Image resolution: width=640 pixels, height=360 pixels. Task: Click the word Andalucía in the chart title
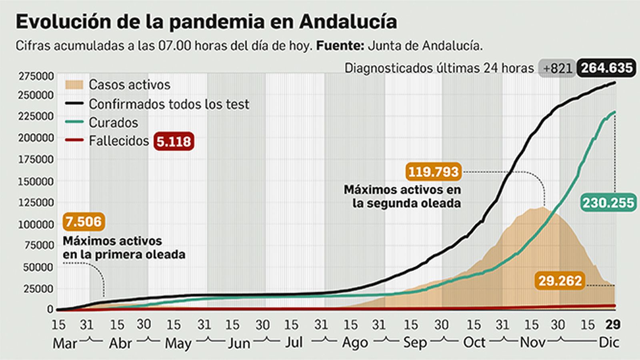(x=348, y=22)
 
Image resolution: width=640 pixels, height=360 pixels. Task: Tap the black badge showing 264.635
(x=606, y=68)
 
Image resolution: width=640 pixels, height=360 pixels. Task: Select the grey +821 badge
(x=557, y=68)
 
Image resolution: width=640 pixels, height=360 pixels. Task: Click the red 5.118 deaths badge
(x=174, y=141)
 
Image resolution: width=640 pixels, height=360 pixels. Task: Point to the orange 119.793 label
(x=433, y=172)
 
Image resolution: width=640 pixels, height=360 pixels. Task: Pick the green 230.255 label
(x=608, y=203)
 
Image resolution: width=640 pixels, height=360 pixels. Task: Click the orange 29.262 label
(x=560, y=281)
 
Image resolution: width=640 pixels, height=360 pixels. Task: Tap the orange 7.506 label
(x=84, y=222)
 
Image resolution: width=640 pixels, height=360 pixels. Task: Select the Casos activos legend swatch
(x=74, y=85)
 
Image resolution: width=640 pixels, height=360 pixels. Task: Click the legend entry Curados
(x=113, y=123)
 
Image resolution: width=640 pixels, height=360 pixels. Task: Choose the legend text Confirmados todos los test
(x=169, y=104)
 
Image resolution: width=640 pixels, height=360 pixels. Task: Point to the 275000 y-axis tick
(x=36, y=76)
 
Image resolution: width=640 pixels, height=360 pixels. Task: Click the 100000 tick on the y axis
(x=36, y=224)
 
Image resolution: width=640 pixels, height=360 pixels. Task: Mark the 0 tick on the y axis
(x=50, y=309)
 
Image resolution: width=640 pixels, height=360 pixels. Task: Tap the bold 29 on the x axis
(x=612, y=324)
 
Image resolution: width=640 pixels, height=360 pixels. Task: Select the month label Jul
(x=294, y=343)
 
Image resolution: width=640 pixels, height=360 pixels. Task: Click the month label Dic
(x=608, y=343)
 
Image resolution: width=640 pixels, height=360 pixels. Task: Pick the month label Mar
(x=64, y=344)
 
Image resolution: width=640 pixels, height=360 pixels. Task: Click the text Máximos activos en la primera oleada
(x=124, y=248)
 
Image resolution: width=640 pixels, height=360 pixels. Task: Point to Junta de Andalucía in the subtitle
(x=425, y=46)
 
